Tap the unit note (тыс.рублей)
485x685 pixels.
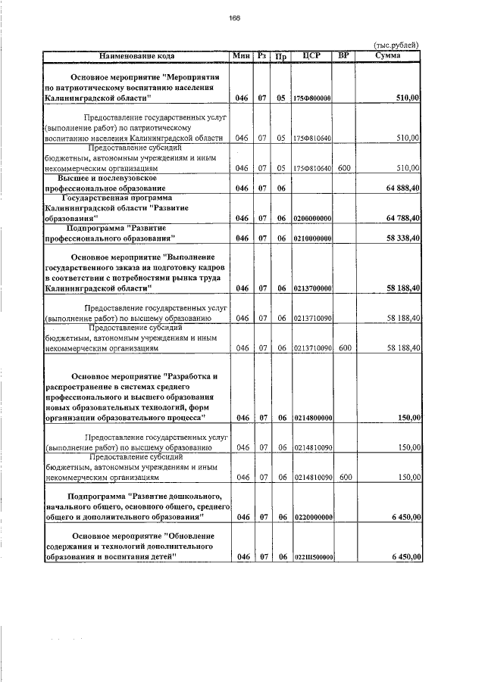click(x=396, y=45)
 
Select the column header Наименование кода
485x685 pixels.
click(x=137, y=55)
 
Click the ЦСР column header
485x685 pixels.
click(x=312, y=55)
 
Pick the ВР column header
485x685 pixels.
click(x=344, y=55)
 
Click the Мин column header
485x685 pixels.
click(x=242, y=55)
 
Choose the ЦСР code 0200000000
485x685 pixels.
click(x=312, y=218)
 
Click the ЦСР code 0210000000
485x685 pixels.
click(x=312, y=238)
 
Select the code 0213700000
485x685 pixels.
click(x=312, y=288)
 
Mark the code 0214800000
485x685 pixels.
click(x=312, y=418)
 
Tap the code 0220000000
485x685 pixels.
click(x=312, y=517)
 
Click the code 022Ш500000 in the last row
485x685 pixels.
click(x=312, y=557)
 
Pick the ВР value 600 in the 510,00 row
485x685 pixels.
click(x=344, y=168)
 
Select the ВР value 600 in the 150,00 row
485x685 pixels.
click(x=344, y=478)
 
